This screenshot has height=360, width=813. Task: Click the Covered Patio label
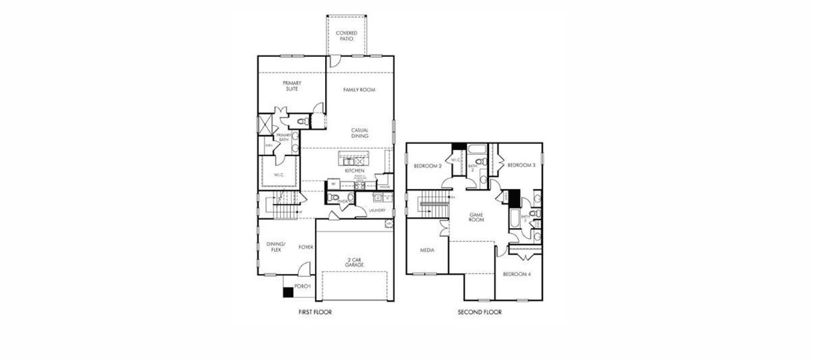tap(346, 36)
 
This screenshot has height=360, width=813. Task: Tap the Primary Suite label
tap(292, 86)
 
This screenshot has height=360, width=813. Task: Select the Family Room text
tap(359, 90)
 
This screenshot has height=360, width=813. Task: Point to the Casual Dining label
tap(360, 133)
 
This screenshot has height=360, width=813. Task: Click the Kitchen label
tap(354, 171)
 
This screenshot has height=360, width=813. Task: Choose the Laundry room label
tap(377, 211)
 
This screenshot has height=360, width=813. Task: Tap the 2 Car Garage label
tap(355, 262)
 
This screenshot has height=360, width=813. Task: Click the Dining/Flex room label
tap(276, 247)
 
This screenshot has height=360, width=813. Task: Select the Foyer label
tap(306, 247)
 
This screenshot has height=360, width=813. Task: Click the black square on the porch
tap(288, 292)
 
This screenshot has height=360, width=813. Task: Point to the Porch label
tap(302, 286)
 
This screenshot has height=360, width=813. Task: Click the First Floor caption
tap(315, 312)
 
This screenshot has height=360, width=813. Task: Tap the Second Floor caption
tap(479, 312)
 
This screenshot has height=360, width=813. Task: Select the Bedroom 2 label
tap(428, 166)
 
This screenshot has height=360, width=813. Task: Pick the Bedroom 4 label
tap(516, 274)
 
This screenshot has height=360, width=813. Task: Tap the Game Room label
tap(476, 217)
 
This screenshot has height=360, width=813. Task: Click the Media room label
tap(427, 250)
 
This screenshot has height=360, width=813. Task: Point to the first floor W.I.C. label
tap(278, 175)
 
